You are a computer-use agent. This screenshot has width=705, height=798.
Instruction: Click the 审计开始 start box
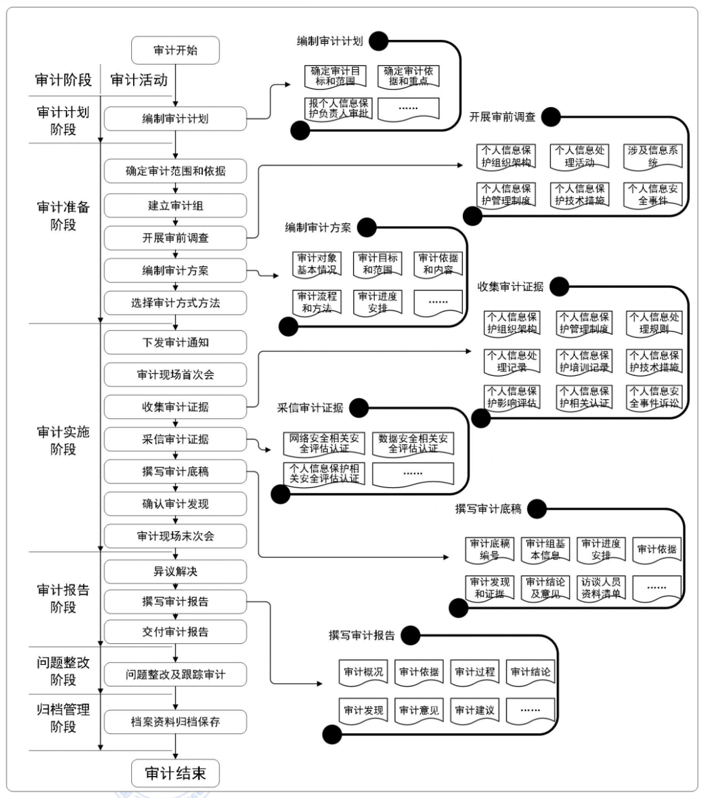(175, 50)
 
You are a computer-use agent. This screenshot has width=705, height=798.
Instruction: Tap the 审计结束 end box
(175, 774)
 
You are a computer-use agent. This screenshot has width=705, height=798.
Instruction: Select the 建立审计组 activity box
(175, 206)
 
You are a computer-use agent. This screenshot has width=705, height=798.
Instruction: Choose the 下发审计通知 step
(175, 342)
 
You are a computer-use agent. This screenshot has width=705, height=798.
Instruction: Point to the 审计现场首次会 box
(175, 375)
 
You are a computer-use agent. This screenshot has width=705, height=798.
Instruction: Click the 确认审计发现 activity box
(175, 504)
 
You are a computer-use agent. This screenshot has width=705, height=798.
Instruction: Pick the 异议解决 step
(175, 572)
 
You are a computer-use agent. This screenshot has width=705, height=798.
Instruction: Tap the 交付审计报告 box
(175, 632)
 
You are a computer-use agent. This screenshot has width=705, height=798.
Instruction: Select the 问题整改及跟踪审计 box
(175, 674)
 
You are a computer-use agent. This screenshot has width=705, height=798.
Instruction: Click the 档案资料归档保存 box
(175, 722)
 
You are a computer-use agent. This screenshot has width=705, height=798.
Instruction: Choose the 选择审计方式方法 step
(175, 303)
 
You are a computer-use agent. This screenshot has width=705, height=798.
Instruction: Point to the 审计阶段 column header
(63, 80)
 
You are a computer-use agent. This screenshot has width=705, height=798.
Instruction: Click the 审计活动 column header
(139, 80)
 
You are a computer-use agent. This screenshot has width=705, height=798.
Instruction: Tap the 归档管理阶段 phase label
(63, 718)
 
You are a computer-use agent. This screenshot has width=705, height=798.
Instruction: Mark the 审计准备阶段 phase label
(63, 216)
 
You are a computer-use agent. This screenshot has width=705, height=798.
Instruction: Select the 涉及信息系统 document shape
(653, 157)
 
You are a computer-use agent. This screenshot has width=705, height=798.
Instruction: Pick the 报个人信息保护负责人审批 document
(338, 108)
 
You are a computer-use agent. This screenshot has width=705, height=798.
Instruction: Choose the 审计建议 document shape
(475, 711)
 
